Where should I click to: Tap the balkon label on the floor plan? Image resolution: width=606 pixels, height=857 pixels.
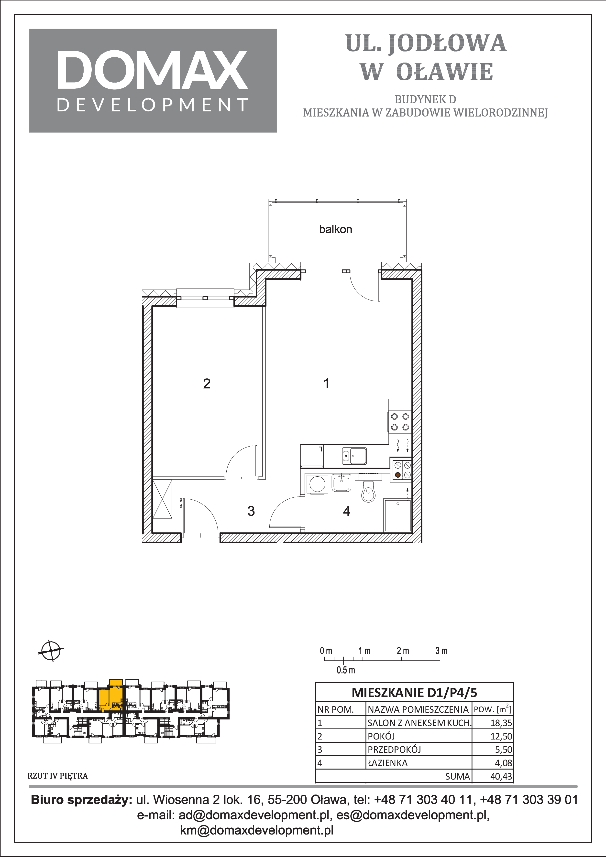click(x=335, y=229)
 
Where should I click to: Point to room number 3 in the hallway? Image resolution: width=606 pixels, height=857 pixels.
click(x=251, y=511)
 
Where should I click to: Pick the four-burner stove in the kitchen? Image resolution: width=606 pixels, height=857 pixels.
click(x=400, y=422)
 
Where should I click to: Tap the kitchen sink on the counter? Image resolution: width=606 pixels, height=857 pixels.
click(x=354, y=456)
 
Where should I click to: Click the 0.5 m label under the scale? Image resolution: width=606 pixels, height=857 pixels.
click(x=346, y=670)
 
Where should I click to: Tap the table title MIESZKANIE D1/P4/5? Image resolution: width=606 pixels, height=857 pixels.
click(x=414, y=693)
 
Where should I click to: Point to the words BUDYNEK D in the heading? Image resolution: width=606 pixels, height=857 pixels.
click(x=425, y=100)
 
